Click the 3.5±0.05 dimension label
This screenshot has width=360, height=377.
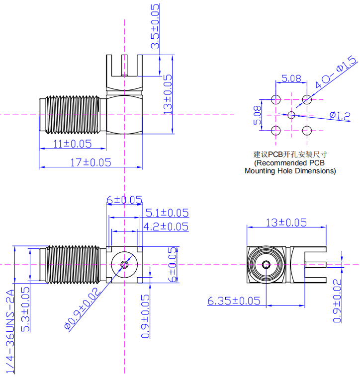pyautogui.click(x=156, y=26)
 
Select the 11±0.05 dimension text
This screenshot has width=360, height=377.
pyautogui.click(x=73, y=144)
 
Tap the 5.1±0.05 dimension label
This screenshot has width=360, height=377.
pyautogui.click(x=167, y=213)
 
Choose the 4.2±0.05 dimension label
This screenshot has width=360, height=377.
pyautogui.click(x=166, y=226)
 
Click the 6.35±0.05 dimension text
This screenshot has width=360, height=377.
pyautogui.click(x=234, y=301)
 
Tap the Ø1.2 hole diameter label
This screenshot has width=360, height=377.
pyautogui.click(x=340, y=116)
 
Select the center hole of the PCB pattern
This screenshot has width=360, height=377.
pyautogui.click(x=291, y=115)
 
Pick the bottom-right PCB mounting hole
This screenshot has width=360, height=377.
pyautogui.click(x=307, y=131)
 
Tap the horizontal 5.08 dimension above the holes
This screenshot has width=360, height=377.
pyautogui.click(x=291, y=78)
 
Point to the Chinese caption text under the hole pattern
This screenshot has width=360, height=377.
pyautogui.click(x=291, y=154)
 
